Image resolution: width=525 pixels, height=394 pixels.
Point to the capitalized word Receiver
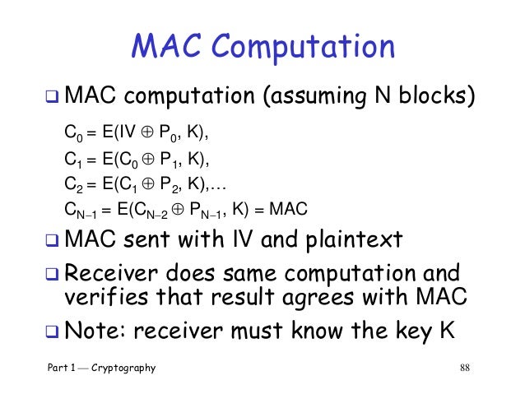(x=106, y=272)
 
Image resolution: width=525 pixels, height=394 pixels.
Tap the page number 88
(x=467, y=368)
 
